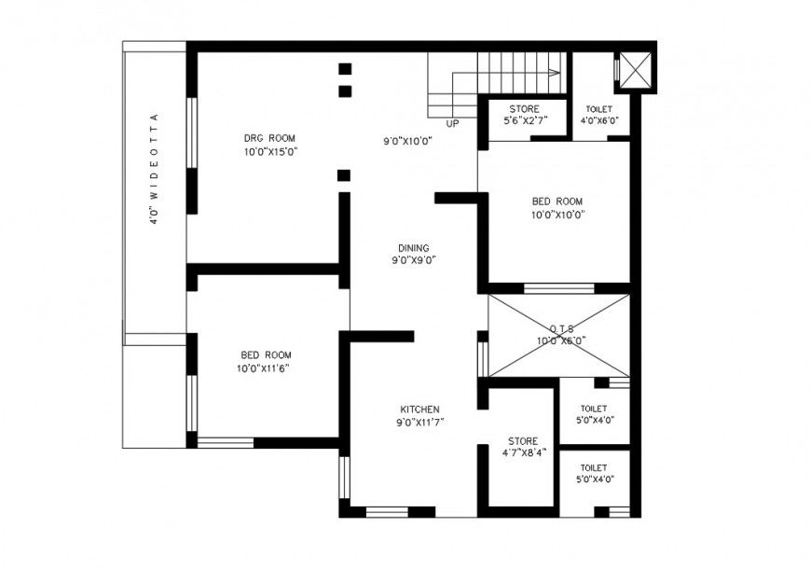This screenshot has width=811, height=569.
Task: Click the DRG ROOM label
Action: [x=269, y=138]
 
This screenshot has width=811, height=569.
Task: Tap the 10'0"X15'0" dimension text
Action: [x=270, y=151]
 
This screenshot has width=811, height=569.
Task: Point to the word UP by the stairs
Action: [x=453, y=124]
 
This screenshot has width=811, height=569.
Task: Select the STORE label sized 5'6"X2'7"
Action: [x=523, y=108]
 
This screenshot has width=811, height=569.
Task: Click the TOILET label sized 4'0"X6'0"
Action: [x=599, y=108]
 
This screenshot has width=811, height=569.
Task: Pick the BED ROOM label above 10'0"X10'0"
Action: [x=557, y=201]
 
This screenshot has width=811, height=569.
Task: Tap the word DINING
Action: [x=411, y=248]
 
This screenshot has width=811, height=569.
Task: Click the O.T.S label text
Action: [x=560, y=328]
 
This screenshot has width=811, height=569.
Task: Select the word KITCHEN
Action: [x=419, y=409]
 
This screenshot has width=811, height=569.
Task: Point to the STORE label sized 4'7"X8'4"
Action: [x=522, y=440]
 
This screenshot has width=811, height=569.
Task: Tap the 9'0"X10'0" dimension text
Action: [x=408, y=142]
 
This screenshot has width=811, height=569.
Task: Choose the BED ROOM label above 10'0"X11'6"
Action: [x=266, y=355]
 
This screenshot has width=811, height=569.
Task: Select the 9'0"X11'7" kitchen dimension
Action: [x=419, y=423]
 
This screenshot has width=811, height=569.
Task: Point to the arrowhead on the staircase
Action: [x=556, y=71]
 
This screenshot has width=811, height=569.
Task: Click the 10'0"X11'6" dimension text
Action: [x=267, y=368]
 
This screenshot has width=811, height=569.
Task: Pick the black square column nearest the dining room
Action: [x=344, y=175]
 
